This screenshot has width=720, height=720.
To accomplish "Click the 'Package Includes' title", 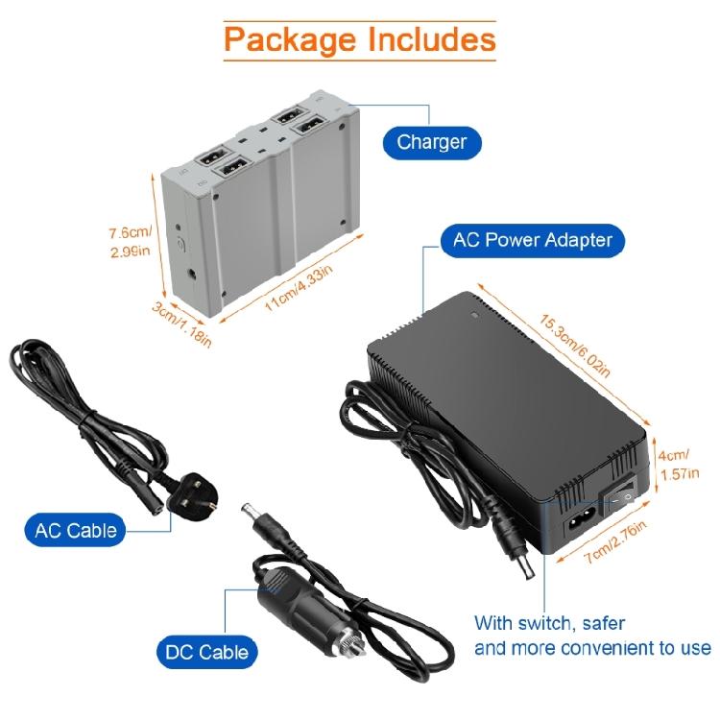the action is pyautogui.click(x=360, y=40).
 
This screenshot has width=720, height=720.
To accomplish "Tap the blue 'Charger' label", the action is pyautogui.click(x=432, y=142).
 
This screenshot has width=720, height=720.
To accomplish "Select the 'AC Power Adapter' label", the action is pyautogui.click(x=533, y=240).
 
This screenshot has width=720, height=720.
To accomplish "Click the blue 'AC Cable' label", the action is pyautogui.click(x=75, y=530).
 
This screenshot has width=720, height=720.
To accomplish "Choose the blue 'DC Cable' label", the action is pyautogui.click(x=206, y=652).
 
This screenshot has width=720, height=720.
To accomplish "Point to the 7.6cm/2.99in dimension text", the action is pyautogui.click(x=131, y=242).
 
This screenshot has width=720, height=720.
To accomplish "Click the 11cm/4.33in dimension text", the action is pyautogui.click(x=298, y=288).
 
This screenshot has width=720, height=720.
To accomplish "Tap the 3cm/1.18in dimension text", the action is pyautogui.click(x=181, y=324).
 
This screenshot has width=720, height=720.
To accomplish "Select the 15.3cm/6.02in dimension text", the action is pyautogui.click(x=574, y=346).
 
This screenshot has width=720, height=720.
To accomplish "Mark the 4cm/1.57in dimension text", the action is pyautogui.click(x=679, y=465).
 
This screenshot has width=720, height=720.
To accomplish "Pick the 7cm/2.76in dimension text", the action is pyautogui.click(x=615, y=541).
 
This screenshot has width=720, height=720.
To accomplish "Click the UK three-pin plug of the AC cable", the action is pyautogui.click(x=191, y=497).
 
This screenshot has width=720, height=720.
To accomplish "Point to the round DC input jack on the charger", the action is pyautogui.click(x=193, y=276).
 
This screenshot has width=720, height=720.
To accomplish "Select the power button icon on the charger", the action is pyautogui.click(x=180, y=244).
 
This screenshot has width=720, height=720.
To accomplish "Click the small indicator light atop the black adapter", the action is pyautogui.click(x=475, y=316).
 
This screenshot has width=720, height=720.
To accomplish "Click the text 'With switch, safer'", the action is pyautogui.click(x=549, y=624).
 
